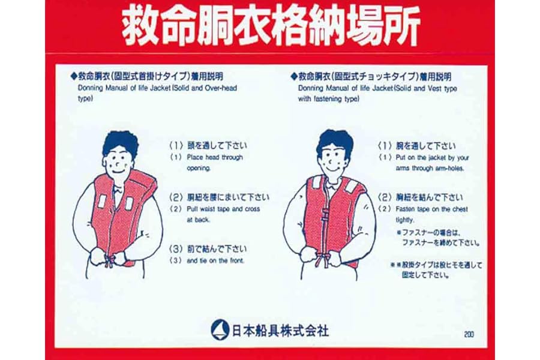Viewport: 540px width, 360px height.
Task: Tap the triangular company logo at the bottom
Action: (220, 329)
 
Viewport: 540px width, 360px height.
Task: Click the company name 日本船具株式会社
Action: (280, 331)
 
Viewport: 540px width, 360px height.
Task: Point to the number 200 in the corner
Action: (469, 334)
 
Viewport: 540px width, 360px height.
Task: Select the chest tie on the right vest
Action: (325, 215)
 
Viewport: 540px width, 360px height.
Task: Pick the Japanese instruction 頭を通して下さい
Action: (217, 145)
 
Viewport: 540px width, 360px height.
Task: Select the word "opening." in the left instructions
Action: (199, 169)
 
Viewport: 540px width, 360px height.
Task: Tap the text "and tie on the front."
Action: (215, 261)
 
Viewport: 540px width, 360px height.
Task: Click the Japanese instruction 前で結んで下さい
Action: (217, 249)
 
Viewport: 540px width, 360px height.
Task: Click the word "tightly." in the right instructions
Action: (405, 220)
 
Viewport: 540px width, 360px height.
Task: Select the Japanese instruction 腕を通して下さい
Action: (425, 146)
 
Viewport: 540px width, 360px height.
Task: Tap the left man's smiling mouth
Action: (118, 171)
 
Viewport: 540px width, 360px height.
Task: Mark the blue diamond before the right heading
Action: (294, 76)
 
